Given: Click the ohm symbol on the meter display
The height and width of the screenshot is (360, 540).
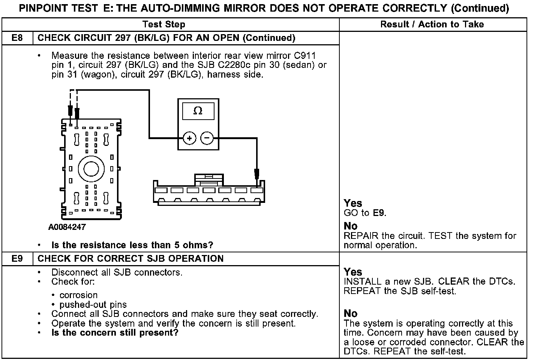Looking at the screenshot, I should [198, 111].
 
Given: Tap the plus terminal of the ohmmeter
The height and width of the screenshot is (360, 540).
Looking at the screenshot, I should [190, 138].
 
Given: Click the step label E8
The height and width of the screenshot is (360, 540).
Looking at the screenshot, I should [17, 38].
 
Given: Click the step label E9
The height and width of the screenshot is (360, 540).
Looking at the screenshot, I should [17, 259].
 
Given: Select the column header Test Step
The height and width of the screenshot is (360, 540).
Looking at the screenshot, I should [164, 25].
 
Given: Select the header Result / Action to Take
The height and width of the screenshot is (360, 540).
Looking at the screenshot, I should [432, 25].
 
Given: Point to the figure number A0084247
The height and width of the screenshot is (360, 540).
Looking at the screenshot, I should [67, 227].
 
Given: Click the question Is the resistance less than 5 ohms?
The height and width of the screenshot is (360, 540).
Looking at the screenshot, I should [132, 245].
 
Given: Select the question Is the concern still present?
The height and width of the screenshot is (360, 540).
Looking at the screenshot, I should [115, 333].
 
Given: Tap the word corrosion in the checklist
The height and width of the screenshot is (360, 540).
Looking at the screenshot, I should [78, 295].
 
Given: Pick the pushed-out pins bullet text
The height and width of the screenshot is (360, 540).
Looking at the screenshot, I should [93, 304].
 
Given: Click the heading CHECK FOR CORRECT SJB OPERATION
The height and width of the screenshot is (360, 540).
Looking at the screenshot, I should [130, 259].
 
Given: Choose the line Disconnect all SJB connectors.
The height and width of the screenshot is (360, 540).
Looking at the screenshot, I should [117, 272].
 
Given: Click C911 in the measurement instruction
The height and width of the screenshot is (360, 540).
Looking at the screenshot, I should [305, 56].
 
